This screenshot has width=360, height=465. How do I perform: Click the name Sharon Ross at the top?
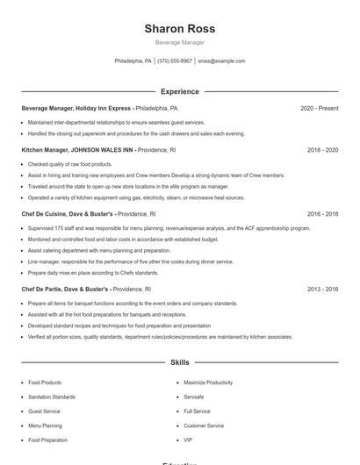click(179, 28)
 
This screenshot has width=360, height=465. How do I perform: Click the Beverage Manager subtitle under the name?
click(179, 42)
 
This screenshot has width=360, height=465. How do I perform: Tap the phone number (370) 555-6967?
click(175, 61)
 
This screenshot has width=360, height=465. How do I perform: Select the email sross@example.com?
click(221, 61)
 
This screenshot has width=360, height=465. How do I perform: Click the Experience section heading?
click(179, 91)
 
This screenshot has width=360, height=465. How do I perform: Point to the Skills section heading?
click(179, 361)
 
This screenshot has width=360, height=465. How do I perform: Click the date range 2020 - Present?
click(319, 108)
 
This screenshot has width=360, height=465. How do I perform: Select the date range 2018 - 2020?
click(322, 150)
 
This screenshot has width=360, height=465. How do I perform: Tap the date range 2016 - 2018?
click(322, 213)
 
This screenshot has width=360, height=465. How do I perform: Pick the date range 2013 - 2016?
click(322, 289)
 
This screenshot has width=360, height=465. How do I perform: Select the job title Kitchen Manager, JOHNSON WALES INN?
click(77, 150)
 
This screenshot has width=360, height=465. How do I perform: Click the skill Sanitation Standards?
click(52, 397)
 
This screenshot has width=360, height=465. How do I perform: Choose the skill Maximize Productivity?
click(208, 383)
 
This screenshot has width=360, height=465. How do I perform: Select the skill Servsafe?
click(193, 397)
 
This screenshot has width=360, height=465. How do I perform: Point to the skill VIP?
click(188, 440)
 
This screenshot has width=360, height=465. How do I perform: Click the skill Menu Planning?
click(46, 426)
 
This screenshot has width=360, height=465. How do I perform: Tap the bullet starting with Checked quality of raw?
click(68, 164)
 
